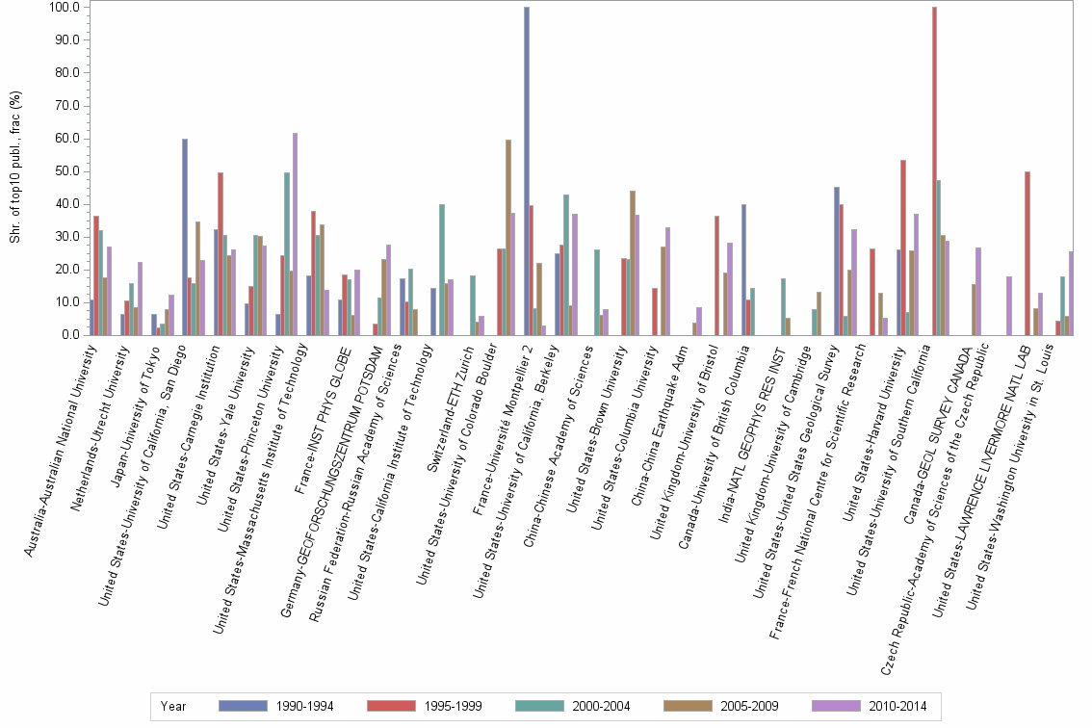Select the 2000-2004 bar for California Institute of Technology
tap(441, 270)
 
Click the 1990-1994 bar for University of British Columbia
tap(744, 270)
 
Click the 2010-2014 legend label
tap(897, 706)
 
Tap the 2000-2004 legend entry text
tap(600, 706)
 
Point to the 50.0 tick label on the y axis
tap(65, 171)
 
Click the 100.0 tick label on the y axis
tap(63, 8)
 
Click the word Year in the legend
tap(174, 706)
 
